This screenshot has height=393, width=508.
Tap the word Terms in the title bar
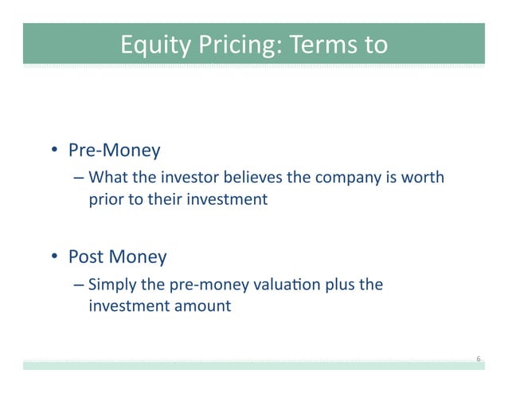pyautogui.click(x=322, y=45)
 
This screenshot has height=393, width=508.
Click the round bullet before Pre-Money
pyautogui.click(x=56, y=150)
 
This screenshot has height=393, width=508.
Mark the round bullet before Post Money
pyautogui.click(x=56, y=257)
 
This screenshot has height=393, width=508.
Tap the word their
pyautogui.click(x=162, y=199)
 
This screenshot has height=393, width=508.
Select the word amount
pyautogui.click(x=201, y=306)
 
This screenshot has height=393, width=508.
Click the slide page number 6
pyautogui.click(x=478, y=360)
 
